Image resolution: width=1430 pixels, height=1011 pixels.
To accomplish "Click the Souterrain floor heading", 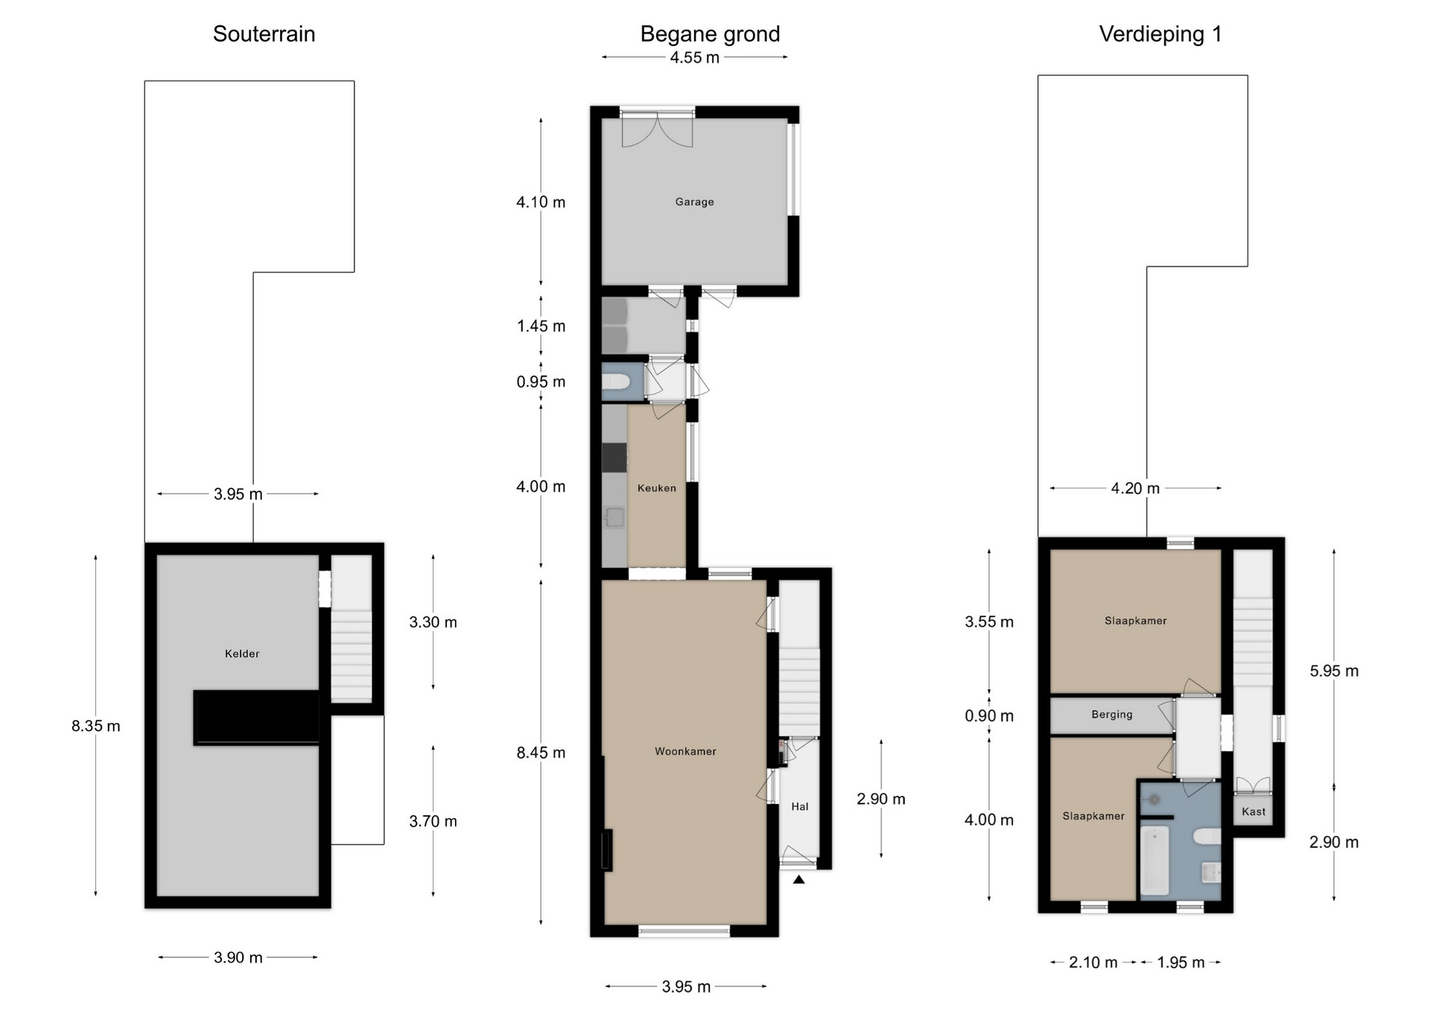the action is pos(264,34).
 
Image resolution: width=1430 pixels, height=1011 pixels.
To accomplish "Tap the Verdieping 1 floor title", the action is pos(1160,35).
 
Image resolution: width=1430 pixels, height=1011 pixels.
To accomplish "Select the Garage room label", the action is pos(694,202).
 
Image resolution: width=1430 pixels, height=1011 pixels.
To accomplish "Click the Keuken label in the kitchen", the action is pos(657,488).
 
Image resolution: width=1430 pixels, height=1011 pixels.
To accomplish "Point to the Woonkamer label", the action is pos(685,752).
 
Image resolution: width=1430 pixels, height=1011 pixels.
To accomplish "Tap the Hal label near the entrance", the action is pos(800,806).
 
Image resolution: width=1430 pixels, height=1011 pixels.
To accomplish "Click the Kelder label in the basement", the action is pos(242,654).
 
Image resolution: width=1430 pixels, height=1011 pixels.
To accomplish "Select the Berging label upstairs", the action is pos(1112,715).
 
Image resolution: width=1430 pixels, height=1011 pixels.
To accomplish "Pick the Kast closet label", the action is pos(1253,811).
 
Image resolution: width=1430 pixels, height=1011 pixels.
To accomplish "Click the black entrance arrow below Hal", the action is pos(799,879).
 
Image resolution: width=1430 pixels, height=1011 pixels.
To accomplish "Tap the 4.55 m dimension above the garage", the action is pos(695,57).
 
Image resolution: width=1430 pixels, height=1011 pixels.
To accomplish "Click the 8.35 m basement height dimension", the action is pos(96,726).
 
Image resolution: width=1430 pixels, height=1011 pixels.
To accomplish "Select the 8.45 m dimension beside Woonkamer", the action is pos(541,753).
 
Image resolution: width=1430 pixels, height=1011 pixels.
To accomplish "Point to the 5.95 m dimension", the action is pos(1334,671).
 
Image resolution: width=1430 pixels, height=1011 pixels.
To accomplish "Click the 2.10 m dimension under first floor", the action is pos(1093,963).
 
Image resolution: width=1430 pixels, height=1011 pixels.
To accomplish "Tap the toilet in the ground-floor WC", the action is pos(616,383).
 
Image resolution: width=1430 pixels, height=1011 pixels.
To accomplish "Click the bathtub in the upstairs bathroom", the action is pos(1155,858).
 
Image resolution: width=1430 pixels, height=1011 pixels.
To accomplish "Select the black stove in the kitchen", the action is pos(614,457).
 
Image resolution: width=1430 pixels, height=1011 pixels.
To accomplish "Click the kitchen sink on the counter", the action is pos(614,517).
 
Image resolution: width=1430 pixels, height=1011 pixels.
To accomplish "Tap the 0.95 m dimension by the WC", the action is pos(541,382).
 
